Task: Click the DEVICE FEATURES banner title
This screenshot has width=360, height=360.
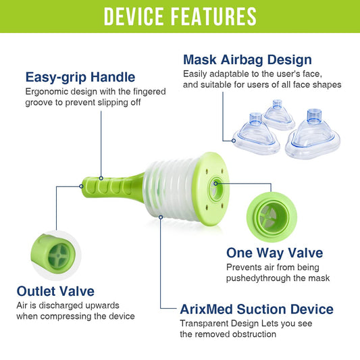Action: pyautogui.click(x=180, y=16)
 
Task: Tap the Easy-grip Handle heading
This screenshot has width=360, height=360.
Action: pyautogui.click(x=80, y=77)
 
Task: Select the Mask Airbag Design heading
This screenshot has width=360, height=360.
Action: pyautogui.click(x=247, y=59)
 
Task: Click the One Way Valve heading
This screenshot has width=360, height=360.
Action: pyautogui.click(x=275, y=253)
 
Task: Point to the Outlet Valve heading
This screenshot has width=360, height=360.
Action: pyautogui.click(x=55, y=291)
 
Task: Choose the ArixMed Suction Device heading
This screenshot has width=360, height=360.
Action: pyautogui.click(x=257, y=309)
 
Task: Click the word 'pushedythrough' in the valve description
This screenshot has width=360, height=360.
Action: pyautogui.click(x=259, y=278)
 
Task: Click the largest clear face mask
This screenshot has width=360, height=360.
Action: pyautogui.click(x=313, y=135)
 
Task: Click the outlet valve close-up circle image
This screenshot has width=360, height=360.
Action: pyautogui.click(x=56, y=255)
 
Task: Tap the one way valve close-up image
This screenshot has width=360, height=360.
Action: pyautogui.click(x=272, y=217)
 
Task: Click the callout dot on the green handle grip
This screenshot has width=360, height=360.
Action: pyautogui.click(x=101, y=178)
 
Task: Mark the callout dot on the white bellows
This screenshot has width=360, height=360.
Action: pyautogui.click(x=161, y=217)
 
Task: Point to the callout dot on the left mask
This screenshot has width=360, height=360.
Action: pyautogui.click(x=234, y=140)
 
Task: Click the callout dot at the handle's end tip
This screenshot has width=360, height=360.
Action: pyautogui.click(x=81, y=186)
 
